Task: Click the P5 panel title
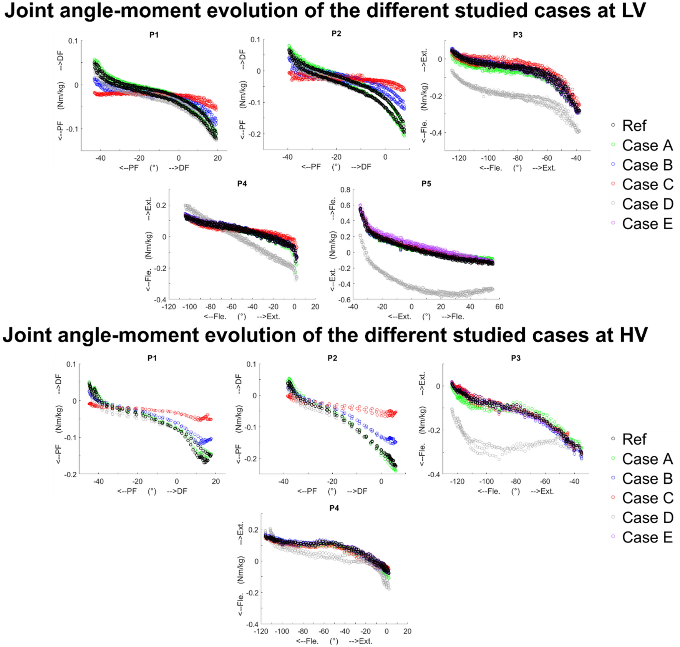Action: (x=426, y=184)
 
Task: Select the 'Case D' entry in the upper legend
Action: (x=647, y=204)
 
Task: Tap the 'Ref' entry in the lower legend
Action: (x=634, y=439)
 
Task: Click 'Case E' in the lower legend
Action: (x=647, y=537)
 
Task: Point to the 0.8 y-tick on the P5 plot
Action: (x=345, y=190)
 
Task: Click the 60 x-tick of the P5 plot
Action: (x=499, y=307)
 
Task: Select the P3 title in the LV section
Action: (x=517, y=35)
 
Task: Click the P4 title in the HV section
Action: (x=334, y=508)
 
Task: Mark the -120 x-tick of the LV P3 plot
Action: (x=459, y=158)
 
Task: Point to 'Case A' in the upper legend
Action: (x=647, y=145)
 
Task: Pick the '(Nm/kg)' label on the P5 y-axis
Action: (x=333, y=245)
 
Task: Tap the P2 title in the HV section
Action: (x=332, y=358)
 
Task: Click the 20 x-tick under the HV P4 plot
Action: (x=407, y=631)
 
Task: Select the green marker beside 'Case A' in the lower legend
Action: (x=613, y=458)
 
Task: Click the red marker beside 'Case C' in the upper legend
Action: (x=613, y=184)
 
